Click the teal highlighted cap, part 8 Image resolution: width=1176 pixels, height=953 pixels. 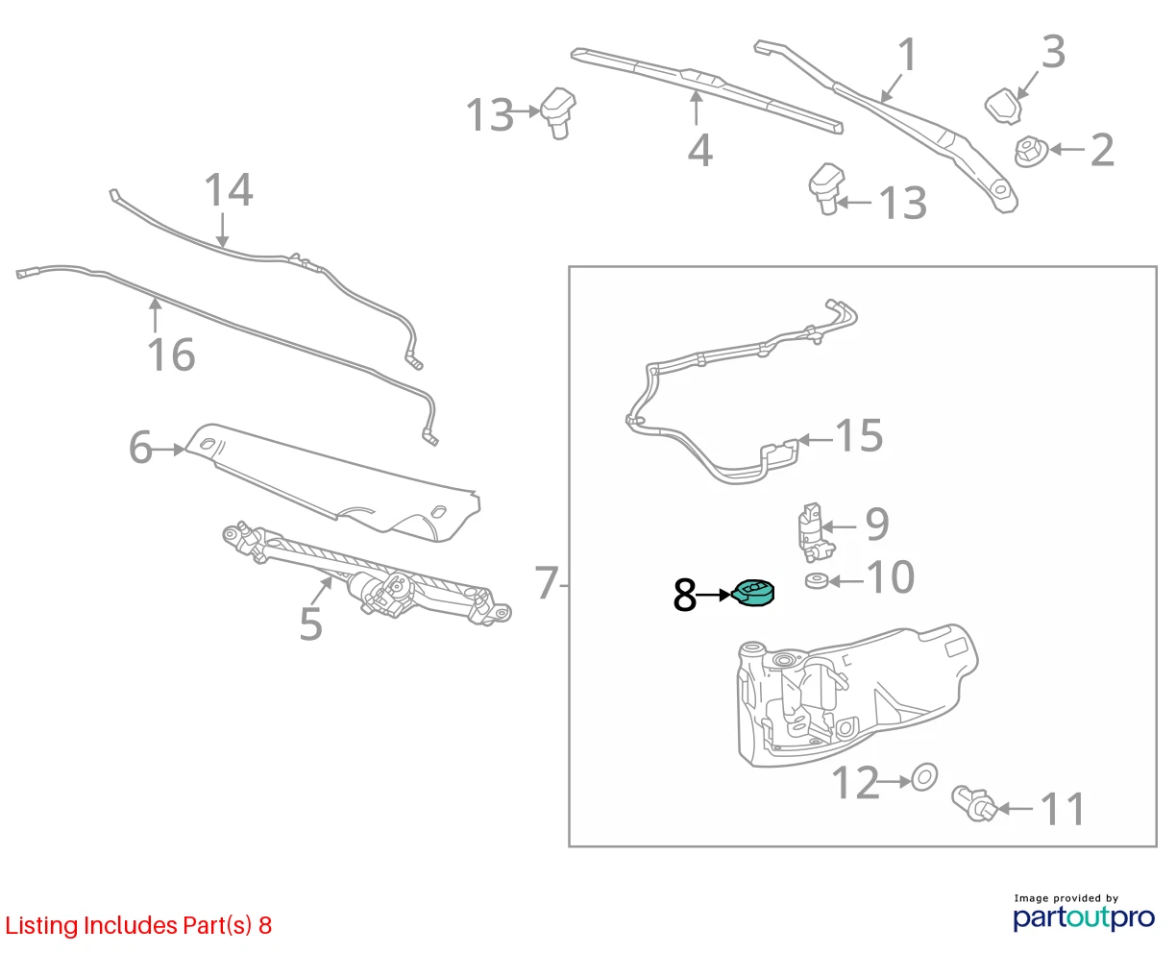tap(752, 593)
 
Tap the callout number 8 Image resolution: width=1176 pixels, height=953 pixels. tap(685, 596)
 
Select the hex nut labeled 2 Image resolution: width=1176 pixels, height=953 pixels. tap(1031, 151)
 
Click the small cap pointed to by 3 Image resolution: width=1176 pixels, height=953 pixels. tap(1004, 106)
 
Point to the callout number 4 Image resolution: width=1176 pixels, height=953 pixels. tap(699, 150)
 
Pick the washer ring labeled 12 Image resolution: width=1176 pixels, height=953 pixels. tap(923, 777)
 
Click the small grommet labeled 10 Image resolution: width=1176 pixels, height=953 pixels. tap(817, 581)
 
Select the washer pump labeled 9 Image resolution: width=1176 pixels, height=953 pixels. tap(815, 532)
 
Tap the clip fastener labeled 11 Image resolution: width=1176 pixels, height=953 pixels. tap(973, 803)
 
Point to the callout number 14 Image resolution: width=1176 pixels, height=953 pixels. tap(229, 189)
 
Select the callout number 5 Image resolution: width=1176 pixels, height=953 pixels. tap(310, 623)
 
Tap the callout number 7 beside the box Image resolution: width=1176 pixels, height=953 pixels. tap(546, 583)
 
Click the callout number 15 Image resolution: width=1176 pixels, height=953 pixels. tap(859, 435)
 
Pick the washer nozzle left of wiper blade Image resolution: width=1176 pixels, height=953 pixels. tap(557, 112)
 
